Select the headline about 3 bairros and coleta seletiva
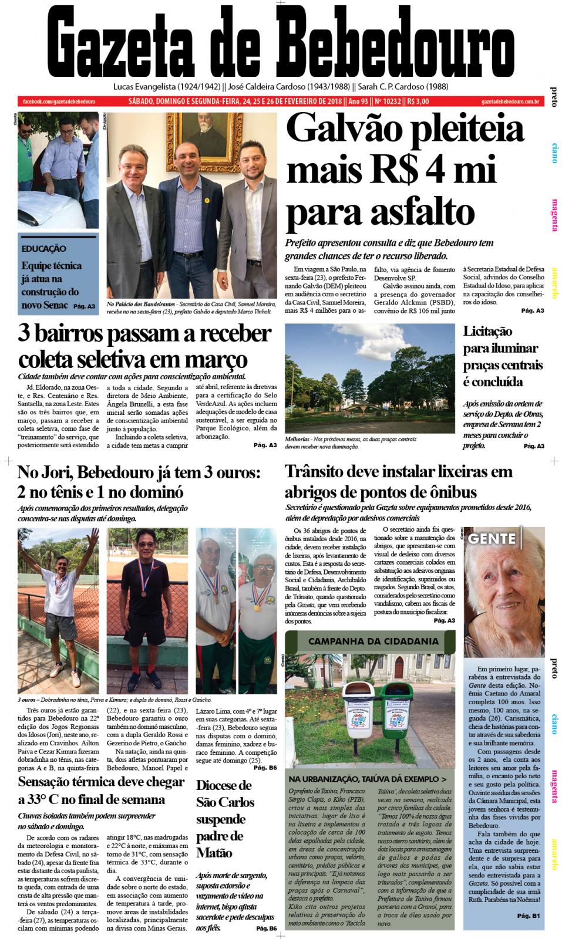144,345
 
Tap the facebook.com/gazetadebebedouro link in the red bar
59,102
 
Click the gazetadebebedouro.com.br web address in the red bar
509,102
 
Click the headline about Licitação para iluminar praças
502,357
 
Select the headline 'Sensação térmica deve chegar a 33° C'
100,790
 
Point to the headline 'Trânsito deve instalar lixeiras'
399,481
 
